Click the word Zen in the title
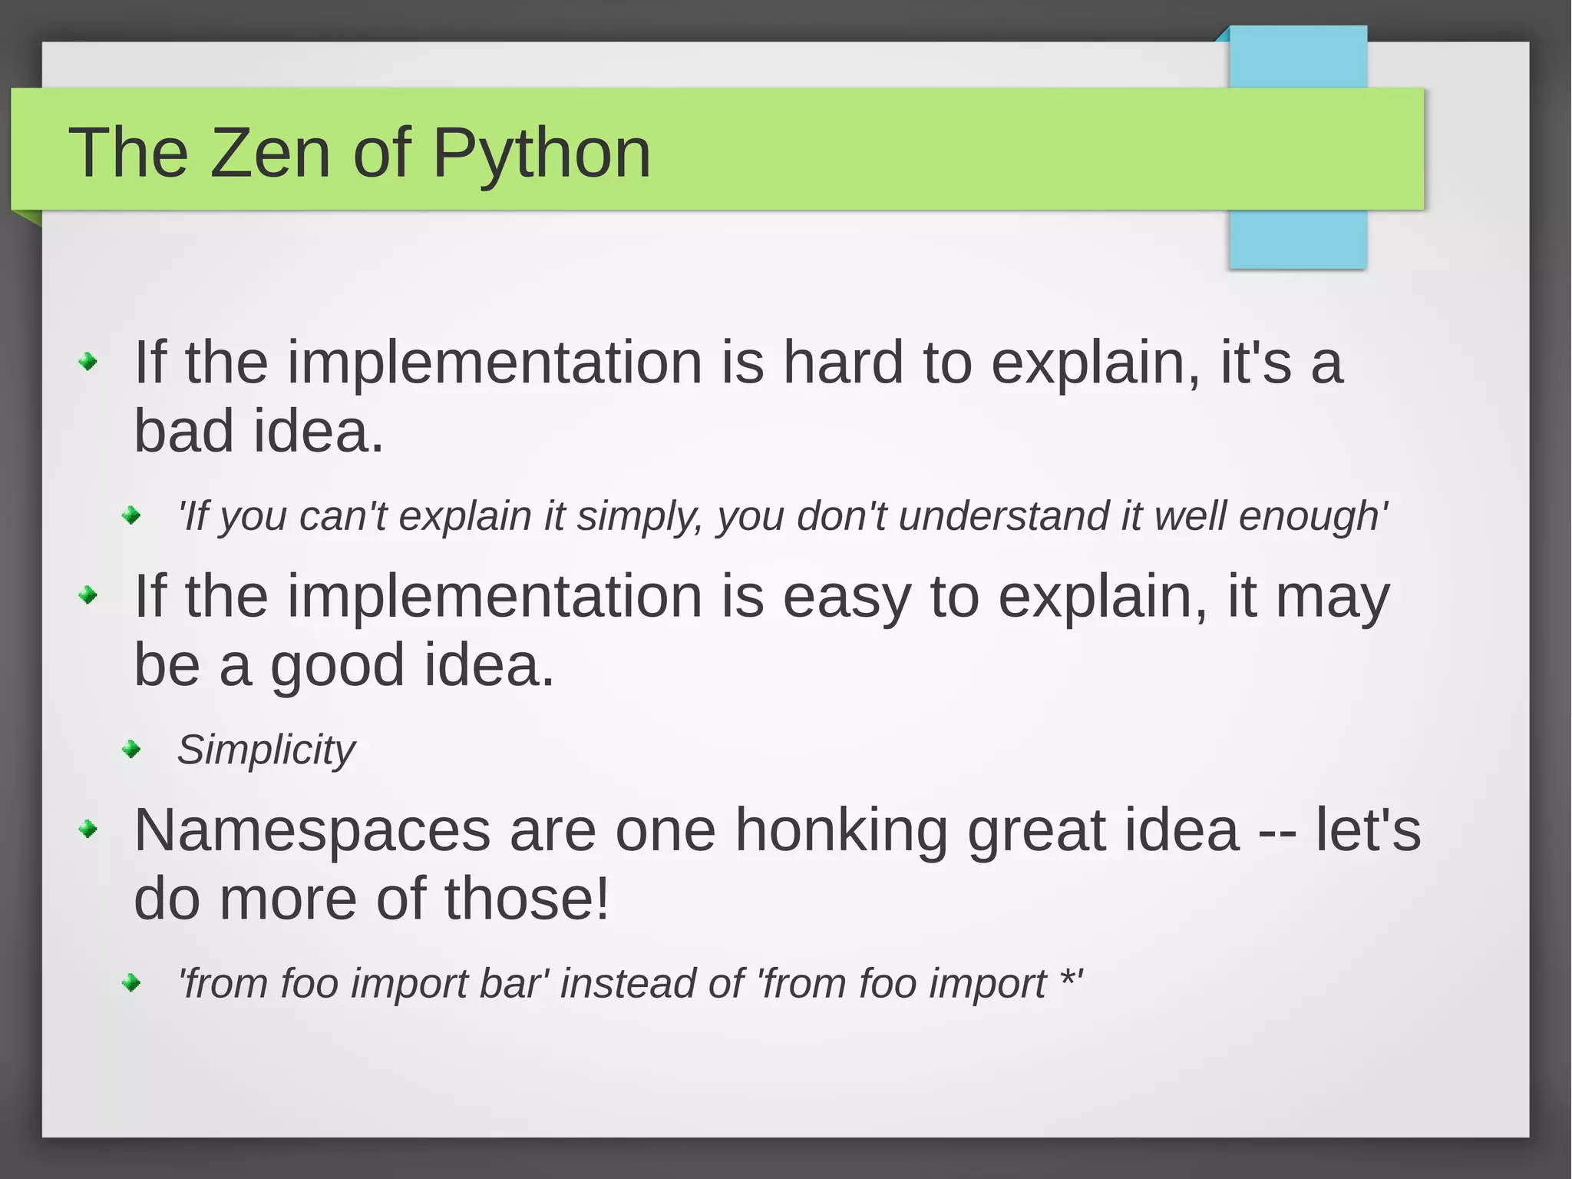[269, 153]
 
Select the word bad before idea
[183, 431]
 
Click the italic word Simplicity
[266, 750]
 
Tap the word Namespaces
[312, 830]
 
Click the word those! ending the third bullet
[527, 899]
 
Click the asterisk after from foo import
[1066, 980]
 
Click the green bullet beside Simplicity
[132, 749]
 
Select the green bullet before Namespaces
[89, 830]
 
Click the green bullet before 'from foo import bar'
[132, 982]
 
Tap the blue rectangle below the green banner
[1297, 239]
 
